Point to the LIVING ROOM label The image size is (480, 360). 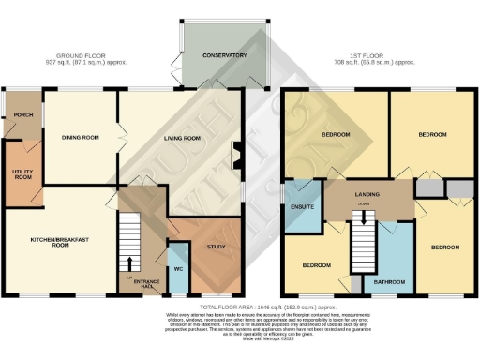[x=183, y=138]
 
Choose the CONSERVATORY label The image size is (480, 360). [x=224, y=56]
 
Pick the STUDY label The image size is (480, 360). [x=217, y=246]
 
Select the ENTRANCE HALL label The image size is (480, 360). [x=145, y=282]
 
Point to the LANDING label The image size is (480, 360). [x=366, y=194]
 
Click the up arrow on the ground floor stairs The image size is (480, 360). [x=128, y=261]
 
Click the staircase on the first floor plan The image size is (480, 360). [x=363, y=247]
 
